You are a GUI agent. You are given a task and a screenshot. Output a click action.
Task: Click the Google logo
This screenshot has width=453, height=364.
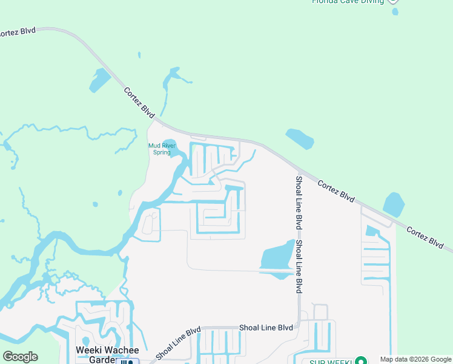click(20, 356)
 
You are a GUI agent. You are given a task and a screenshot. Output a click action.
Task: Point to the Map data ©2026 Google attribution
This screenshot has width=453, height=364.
click(415, 359)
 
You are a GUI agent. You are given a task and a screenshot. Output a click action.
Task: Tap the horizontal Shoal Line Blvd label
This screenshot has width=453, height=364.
click(266, 328)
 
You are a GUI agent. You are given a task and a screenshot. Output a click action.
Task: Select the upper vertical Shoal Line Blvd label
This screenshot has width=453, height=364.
click(299, 203)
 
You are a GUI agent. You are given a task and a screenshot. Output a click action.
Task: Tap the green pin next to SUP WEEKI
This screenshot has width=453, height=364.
click(362, 360)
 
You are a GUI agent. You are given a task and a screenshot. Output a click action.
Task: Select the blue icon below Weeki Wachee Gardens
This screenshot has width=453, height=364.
click(127, 362)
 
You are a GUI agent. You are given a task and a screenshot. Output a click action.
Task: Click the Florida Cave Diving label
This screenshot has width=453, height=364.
click(348, 2)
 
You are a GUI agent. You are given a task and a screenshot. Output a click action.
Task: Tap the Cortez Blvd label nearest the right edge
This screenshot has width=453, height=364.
click(425, 236)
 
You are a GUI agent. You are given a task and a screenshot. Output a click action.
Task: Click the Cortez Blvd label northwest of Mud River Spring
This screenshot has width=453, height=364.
click(139, 102)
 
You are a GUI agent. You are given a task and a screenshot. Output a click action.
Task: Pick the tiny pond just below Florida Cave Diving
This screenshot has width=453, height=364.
click(395, 11)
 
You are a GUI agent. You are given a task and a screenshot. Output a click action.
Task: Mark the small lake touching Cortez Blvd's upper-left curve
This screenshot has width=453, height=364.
click(100, 80)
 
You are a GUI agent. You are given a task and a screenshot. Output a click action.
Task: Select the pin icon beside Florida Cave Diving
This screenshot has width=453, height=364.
click(394, 2)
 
